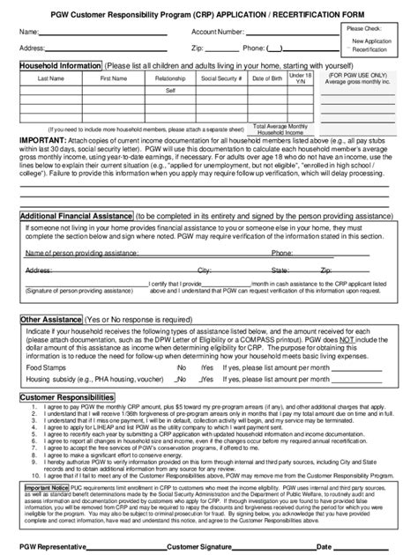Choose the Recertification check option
[371, 50]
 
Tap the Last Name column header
[56, 78]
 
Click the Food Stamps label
[46, 366]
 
